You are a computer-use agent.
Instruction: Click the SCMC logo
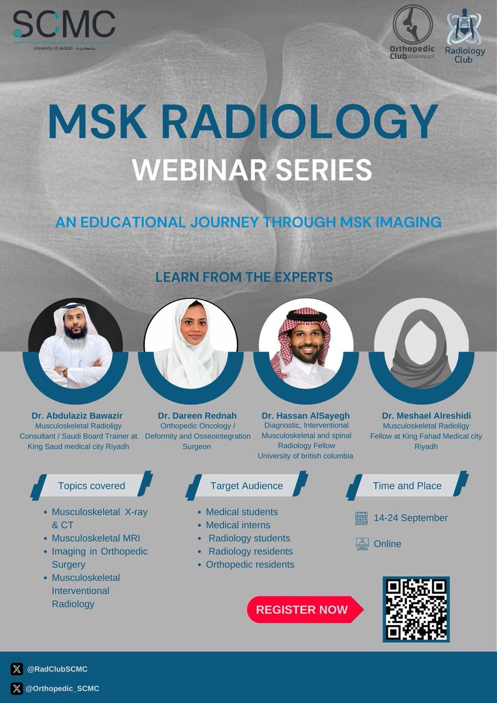64,29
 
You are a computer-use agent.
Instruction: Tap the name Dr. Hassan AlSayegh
305,416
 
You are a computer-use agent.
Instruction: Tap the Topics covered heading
91,486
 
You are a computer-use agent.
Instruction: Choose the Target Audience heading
246,486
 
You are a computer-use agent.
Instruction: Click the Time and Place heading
407,486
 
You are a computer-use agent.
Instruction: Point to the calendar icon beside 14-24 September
362,518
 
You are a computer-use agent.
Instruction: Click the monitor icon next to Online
362,544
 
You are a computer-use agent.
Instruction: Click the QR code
416,609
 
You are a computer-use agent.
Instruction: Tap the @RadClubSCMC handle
57,669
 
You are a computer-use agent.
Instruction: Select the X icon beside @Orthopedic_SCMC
16,688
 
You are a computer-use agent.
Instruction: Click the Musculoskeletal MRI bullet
96,538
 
